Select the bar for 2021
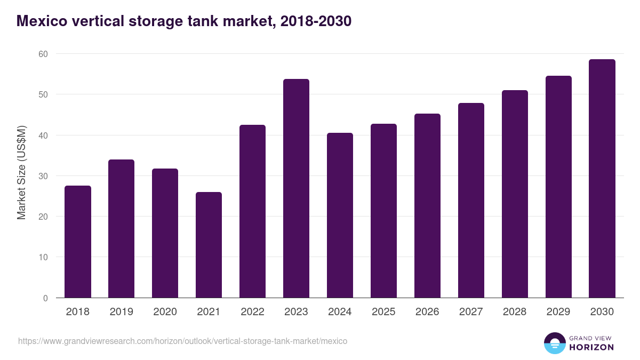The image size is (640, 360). tap(209, 245)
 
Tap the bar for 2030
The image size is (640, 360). tap(602, 179)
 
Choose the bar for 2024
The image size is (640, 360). tap(340, 215)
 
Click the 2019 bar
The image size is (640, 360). tap(121, 229)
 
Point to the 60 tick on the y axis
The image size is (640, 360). tap(43, 54)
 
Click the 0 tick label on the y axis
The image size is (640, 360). tap(45, 298)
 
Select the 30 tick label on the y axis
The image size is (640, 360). tap(43, 176)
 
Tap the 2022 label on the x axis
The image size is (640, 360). tap(252, 312)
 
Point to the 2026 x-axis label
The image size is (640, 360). tap(427, 312)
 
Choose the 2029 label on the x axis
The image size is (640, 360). tap(558, 312)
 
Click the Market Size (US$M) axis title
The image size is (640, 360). tap(22, 173)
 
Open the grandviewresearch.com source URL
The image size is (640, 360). tap(182, 341)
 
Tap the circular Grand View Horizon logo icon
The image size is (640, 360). tap(555, 343)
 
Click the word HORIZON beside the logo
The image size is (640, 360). tap(592, 347)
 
